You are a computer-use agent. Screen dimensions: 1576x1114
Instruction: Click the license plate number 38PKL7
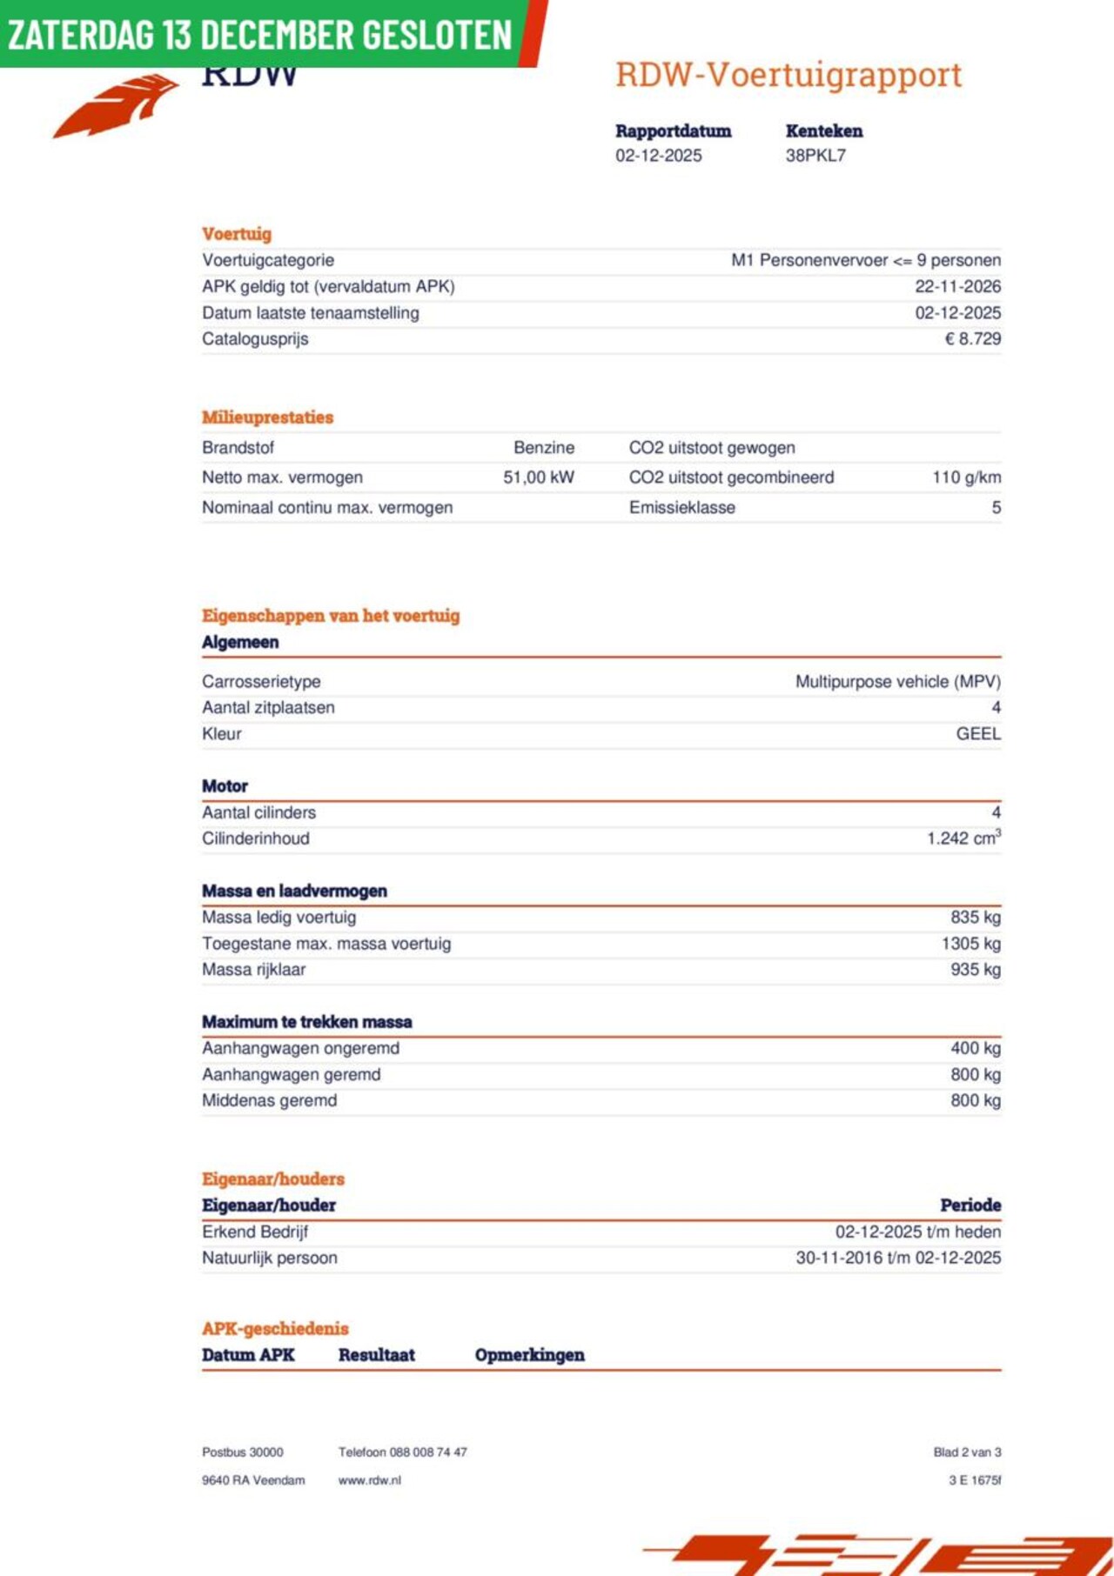815,156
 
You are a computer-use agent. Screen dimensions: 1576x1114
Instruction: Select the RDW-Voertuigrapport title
789,75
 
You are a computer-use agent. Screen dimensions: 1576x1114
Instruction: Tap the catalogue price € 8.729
972,339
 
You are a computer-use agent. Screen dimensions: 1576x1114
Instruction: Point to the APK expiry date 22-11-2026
957,287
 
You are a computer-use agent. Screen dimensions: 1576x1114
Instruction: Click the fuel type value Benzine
544,448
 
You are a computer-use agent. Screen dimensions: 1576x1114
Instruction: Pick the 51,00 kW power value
539,477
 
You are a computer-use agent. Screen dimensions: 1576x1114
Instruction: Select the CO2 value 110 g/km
966,477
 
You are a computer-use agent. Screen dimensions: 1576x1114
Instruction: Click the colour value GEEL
978,734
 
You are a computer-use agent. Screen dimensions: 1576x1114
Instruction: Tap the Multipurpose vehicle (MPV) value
897,682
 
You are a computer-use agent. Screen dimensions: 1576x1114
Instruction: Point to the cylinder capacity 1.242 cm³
963,838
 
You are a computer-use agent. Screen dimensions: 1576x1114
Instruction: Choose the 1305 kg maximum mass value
970,944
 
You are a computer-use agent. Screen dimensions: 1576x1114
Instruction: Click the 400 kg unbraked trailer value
976,1049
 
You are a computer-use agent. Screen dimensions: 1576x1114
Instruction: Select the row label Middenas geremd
270,1101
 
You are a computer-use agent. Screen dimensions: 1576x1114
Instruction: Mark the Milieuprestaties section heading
268,417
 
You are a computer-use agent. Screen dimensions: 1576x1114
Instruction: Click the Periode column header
970,1205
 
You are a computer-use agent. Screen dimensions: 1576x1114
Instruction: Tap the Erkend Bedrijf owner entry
255,1232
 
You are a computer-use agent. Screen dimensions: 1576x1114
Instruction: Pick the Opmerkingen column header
529,1355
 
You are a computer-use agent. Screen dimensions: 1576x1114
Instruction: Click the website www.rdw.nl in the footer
370,1480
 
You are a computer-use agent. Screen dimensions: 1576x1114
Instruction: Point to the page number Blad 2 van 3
967,1452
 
